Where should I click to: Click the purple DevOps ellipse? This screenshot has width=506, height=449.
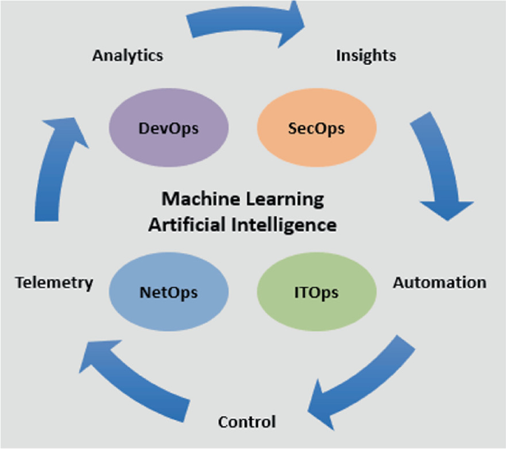coord(168,127)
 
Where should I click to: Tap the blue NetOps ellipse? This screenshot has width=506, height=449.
coord(168,292)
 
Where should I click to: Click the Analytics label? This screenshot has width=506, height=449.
coord(128,55)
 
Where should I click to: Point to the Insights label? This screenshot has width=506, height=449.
coord(366,55)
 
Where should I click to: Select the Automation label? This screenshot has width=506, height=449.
coord(439,283)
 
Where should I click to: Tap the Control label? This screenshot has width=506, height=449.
coord(247,422)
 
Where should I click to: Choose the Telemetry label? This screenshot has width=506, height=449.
coord(54,283)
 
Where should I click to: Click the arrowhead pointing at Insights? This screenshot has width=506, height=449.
coord(292,22)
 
